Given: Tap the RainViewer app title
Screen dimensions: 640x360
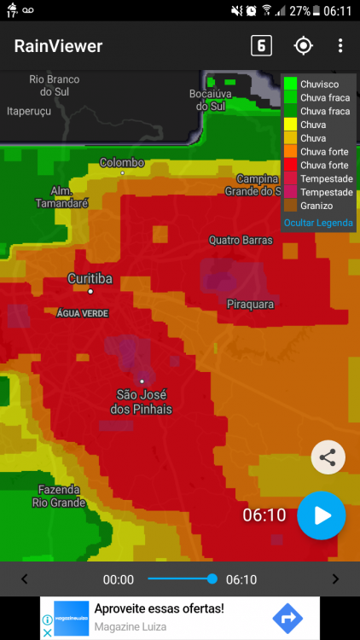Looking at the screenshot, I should tap(58, 46).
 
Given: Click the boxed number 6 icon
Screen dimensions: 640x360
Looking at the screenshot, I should tap(261, 46).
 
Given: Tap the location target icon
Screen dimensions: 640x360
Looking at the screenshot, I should tap(303, 46).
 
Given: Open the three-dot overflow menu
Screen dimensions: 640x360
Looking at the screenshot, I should tap(340, 46).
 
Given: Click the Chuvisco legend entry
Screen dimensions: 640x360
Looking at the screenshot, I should tap(317, 84).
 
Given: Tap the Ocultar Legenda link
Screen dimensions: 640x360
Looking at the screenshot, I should tap(317, 223).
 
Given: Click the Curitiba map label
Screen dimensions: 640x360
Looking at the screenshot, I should tap(90, 279).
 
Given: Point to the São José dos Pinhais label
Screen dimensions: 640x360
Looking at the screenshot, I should tap(142, 402).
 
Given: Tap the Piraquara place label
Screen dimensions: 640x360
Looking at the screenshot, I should tap(250, 304).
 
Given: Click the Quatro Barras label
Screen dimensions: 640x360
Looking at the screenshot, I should tap(241, 241).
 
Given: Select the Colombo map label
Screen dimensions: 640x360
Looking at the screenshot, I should tap(122, 162).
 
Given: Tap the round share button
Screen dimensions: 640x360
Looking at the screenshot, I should tap(328, 457).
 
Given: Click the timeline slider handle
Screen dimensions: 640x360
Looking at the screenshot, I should tap(212, 579).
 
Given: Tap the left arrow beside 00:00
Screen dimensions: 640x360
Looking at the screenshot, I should tap(24, 579).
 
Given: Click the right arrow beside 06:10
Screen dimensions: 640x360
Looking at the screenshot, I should tap(335, 579).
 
